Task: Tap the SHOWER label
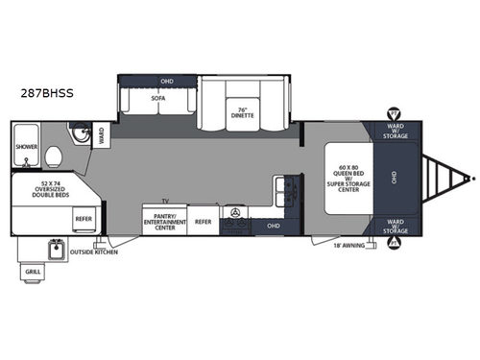(x=26, y=147)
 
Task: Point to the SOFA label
(x=158, y=99)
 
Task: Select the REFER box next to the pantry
(x=203, y=221)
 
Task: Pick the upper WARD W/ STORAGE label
(x=393, y=133)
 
